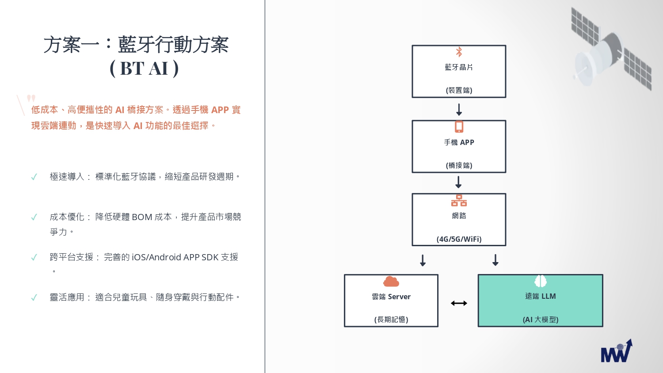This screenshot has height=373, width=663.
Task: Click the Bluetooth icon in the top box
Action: coord(459,52)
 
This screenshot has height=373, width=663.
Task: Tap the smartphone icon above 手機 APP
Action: coord(459,127)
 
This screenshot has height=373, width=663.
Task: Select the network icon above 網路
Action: coord(459,200)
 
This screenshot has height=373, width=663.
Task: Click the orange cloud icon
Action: coord(391,282)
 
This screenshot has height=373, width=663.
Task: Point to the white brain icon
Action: coord(541,281)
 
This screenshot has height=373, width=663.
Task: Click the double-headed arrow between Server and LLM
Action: coord(459,303)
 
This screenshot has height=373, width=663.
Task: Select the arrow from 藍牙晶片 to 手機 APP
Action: coord(459,110)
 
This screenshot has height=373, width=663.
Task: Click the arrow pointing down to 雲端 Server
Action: coord(423,260)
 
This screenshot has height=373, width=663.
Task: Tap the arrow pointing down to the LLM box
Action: coord(495,260)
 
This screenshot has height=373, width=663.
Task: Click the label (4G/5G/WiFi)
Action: coord(459,239)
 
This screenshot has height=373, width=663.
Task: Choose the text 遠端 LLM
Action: coord(541,297)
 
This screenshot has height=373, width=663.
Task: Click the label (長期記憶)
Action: coord(391,320)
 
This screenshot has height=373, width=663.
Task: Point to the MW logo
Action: coord(616,351)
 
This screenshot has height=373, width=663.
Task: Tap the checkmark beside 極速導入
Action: coord(34,177)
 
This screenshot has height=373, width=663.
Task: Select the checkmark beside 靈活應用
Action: coord(34,297)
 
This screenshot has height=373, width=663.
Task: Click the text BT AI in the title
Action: coord(144,69)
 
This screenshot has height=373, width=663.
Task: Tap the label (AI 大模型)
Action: coord(541,320)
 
